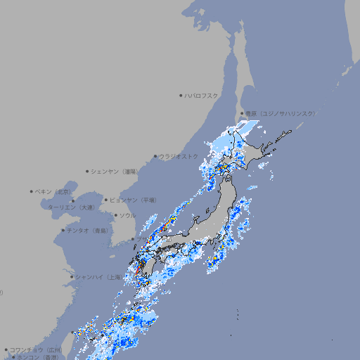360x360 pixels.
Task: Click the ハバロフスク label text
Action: coord(202,95)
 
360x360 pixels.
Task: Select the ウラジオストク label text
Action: coord(179,156)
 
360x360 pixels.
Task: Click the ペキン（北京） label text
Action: coord(54,191)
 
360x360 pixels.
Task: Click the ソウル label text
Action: coord(127,215)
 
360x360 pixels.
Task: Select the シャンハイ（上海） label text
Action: coord(98,277)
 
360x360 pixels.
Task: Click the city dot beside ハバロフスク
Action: coord(181,95)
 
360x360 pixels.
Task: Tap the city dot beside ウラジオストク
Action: coord(155,157)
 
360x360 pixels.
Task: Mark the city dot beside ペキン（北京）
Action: coord(31,191)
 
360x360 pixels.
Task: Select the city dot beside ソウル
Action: coord(115,215)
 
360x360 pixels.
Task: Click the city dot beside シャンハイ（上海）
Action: coord(72,277)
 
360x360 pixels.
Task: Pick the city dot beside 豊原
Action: coord(241,113)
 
